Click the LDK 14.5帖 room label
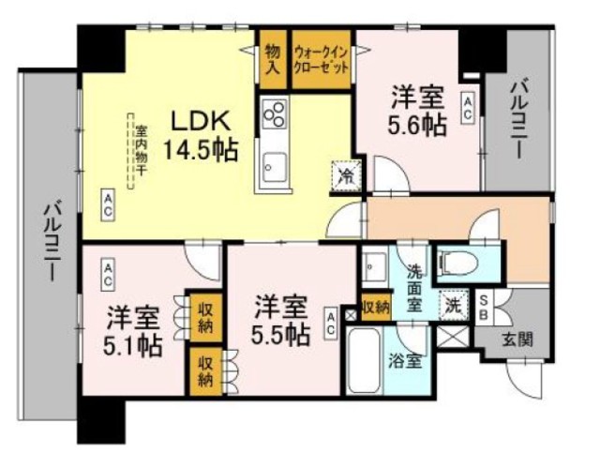(x=200, y=135)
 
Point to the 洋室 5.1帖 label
(x=133, y=330)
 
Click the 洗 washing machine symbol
(x=453, y=304)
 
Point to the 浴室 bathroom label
(x=405, y=360)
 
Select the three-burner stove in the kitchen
(x=276, y=116)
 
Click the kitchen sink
(x=275, y=168)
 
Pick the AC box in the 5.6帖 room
(x=466, y=104)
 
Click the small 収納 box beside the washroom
(x=375, y=306)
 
